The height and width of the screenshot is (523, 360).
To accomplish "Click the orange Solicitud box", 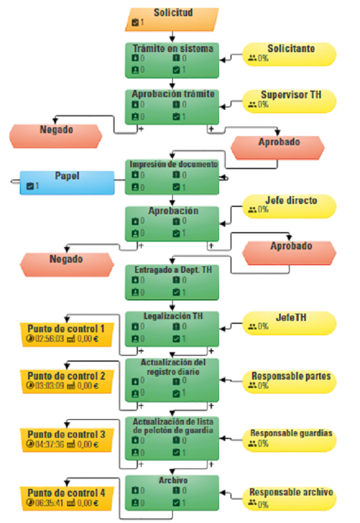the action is (172, 19).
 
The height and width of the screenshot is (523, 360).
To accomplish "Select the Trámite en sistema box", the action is (172, 61).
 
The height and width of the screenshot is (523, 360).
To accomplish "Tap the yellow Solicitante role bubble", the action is (289, 54).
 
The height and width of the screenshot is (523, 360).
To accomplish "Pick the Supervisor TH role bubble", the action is (289, 101).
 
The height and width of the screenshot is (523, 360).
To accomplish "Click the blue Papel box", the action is (67, 182).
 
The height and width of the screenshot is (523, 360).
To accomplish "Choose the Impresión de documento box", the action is (172, 177).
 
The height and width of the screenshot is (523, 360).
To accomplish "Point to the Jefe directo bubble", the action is (289, 206).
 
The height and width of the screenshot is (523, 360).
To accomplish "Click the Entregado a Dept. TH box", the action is (172, 282).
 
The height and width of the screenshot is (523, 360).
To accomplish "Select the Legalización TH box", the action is (172, 329).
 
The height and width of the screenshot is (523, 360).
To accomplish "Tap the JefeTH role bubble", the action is (289, 323).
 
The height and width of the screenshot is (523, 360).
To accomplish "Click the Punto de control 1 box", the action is (67, 335).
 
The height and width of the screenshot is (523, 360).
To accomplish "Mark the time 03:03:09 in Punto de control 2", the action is (49, 386).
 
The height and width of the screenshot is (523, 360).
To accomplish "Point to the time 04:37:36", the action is (49, 444).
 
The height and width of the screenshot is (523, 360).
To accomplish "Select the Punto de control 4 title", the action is (67, 492).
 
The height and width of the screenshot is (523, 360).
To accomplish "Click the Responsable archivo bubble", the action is (289, 498).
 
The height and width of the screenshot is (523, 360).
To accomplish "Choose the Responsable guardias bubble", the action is (289, 440).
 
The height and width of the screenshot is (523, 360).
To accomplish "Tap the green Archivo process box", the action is (172, 492).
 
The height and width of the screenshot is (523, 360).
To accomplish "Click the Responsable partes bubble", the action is (289, 381).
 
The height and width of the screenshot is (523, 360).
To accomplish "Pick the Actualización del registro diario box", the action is (172, 380).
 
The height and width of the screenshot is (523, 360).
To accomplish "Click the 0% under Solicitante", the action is (263, 58).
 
